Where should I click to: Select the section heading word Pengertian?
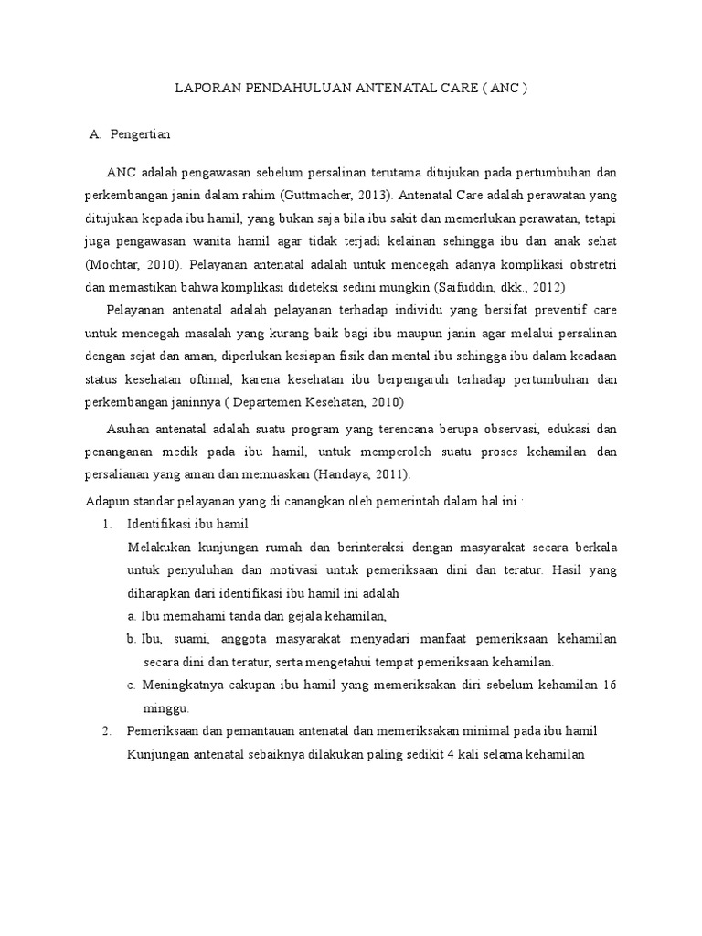(x=140, y=134)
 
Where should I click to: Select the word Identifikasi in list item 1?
(x=160, y=524)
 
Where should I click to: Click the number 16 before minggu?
(x=609, y=686)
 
